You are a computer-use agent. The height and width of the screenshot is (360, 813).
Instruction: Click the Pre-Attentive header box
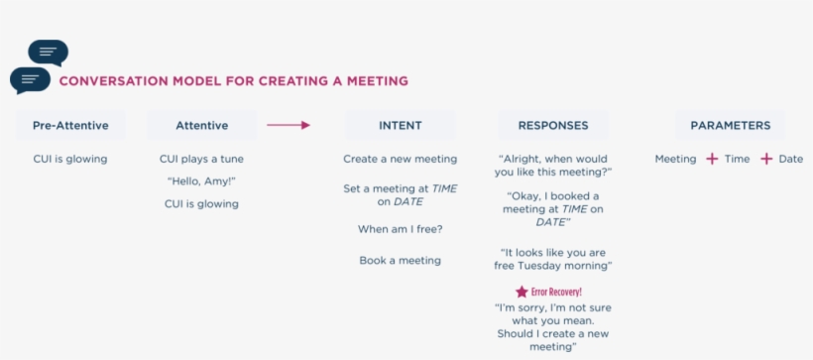[x=70, y=126]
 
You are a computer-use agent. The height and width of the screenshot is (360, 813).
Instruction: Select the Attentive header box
[x=201, y=126]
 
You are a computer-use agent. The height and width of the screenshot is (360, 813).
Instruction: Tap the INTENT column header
[x=400, y=126]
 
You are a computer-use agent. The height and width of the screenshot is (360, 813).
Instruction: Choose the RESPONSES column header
[x=553, y=126]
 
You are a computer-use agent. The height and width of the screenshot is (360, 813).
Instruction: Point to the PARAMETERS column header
[x=730, y=126]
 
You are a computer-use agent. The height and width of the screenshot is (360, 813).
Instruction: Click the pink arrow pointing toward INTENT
[x=289, y=125]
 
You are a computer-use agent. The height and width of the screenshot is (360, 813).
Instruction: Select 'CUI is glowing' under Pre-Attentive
[x=70, y=160]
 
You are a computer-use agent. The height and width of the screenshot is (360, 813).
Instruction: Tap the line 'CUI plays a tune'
[x=201, y=160]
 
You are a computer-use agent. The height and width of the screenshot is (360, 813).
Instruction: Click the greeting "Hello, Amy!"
[x=201, y=181]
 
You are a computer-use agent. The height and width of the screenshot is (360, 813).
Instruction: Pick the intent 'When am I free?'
[x=400, y=229]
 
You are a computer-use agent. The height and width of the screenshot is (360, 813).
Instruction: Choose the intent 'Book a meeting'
[x=400, y=261]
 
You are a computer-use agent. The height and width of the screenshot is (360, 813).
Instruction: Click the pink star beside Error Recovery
[x=522, y=292]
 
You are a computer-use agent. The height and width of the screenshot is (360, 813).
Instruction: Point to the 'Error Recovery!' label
[x=556, y=292]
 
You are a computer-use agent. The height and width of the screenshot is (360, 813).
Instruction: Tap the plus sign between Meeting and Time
[x=712, y=160]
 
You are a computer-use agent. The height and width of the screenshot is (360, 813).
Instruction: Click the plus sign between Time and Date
[x=765, y=160]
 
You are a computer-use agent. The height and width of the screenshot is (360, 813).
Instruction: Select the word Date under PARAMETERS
[x=791, y=160]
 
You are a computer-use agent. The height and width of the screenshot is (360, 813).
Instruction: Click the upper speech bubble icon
[x=49, y=53]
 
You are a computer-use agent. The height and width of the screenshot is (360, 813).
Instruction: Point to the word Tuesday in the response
[x=559, y=266]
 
